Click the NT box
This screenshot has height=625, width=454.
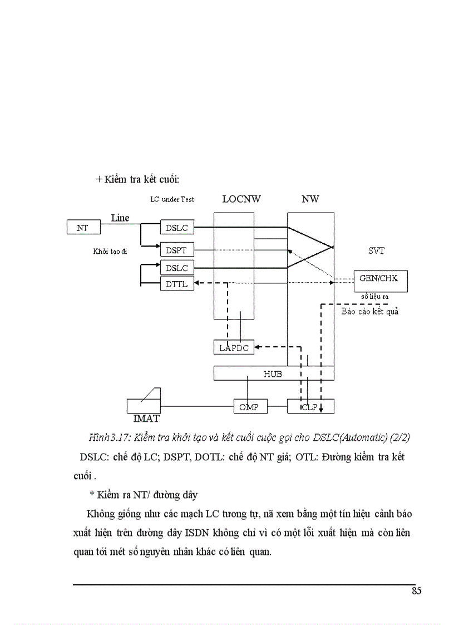click(82, 228)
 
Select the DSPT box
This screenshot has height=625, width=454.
click(176, 250)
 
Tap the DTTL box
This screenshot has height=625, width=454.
click(176, 284)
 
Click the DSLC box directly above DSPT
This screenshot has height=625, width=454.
click(176, 228)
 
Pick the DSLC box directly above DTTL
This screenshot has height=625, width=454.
click(176, 268)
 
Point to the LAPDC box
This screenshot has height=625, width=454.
click(234, 347)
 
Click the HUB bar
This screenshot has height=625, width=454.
click(273, 373)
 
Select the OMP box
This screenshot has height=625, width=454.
click(250, 407)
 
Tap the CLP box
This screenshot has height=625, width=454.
click(310, 407)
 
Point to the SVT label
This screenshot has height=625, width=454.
click(376, 251)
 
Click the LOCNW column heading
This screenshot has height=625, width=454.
click(241, 199)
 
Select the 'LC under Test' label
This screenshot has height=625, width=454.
click(172, 199)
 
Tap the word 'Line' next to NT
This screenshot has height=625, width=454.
click(120, 218)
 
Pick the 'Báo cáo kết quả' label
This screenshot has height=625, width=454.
click(369, 312)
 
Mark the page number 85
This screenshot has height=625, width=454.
click(416, 591)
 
